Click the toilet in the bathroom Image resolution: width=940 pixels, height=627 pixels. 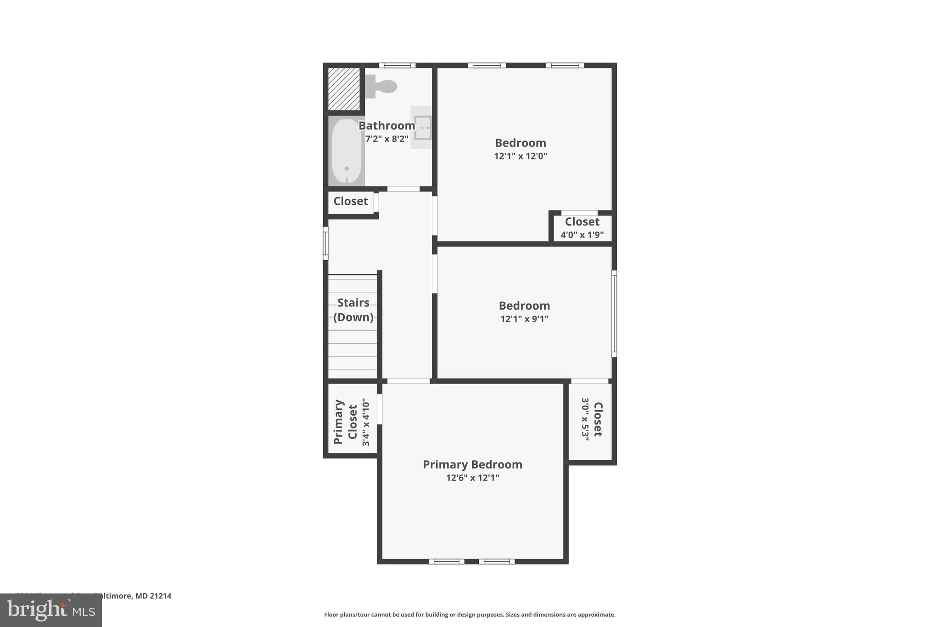pyautogui.click(x=381, y=86)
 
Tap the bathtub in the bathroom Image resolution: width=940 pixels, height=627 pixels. pyautogui.click(x=347, y=151)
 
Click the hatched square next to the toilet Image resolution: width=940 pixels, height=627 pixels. pyautogui.click(x=344, y=89)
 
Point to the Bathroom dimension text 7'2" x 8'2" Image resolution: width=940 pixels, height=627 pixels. pyautogui.click(x=386, y=139)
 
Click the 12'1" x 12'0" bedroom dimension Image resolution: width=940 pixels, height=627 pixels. pyautogui.click(x=520, y=156)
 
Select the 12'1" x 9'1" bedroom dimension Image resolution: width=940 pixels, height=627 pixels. pyautogui.click(x=524, y=319)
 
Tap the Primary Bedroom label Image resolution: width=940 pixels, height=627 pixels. pyautogui.click(x=472, y=464)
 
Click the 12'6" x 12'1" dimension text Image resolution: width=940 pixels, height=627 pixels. pyautogui.click(x=472, y=478)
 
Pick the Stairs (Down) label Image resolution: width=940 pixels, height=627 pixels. pyautogui.click(x=353, y=310)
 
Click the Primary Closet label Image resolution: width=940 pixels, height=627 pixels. pyautogui.click(x=345, y=422)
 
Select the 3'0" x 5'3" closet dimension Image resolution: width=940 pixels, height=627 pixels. pyautogui.click(x=585, y=419)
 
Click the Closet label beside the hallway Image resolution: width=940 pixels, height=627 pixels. pyautogui.click(x=351, y=201)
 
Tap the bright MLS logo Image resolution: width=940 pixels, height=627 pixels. pyautogui.click(x=50, y=610)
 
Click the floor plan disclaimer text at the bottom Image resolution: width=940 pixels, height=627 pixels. pyautogui.click(x=470, y=615)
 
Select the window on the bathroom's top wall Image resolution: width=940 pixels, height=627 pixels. pyautogui.click(x=397, y=65)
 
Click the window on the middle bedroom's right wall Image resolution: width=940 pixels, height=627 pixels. pyautogui.click(x=614, y=313)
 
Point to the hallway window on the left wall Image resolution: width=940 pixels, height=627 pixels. pyautogui.click(x=325, y=243)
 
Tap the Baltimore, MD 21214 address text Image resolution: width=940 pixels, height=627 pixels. pyautogui.click(x=133, y=596)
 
